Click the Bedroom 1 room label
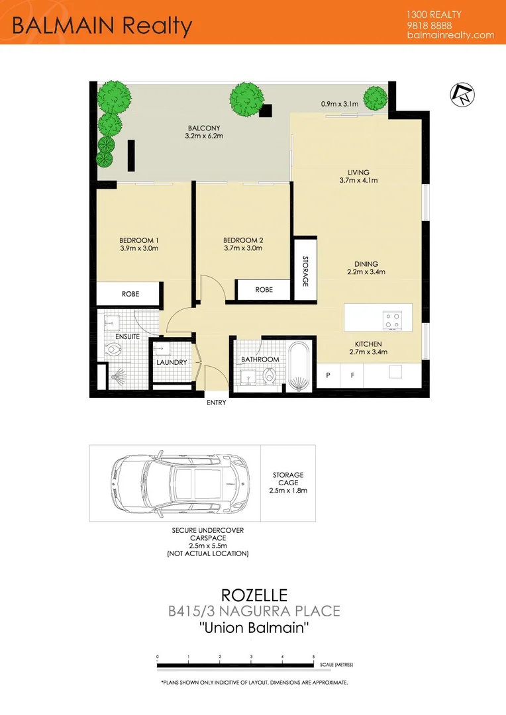(x=139, y=240)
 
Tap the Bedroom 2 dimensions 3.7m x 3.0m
(x=242, y=248)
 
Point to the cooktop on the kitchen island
(x=392, y=320)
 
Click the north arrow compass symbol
(x=458, y=94)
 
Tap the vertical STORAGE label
(x=305, y=271)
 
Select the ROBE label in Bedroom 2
(x=264, y=289)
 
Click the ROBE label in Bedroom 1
(x=130, y=293)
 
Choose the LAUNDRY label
(x=172, y=362)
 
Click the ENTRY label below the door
(x=216, y=403)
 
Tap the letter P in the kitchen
(x=327, y=375)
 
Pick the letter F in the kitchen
(x=352, y=375)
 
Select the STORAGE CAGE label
(x=288, y=479)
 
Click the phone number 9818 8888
(x=427, y=25)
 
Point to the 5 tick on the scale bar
(x=314, y=657)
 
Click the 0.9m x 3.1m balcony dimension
(x=339, y=104)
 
